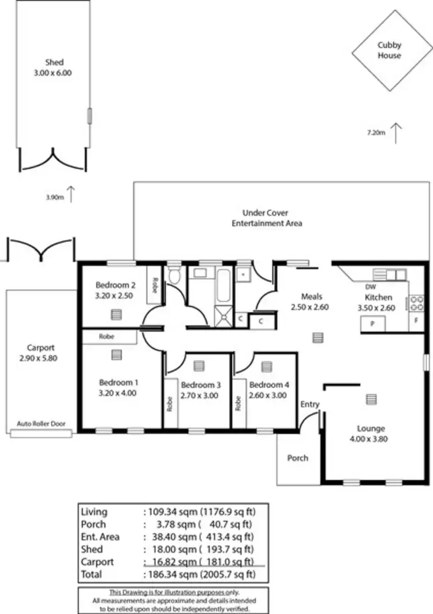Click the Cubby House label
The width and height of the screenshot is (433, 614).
pos(389,50)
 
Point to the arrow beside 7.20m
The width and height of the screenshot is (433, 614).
pos(396,133)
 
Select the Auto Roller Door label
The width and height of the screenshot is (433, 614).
pos(40,423)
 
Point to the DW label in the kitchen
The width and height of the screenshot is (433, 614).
pos(371,287)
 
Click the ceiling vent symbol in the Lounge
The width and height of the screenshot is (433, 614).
pos(371,399)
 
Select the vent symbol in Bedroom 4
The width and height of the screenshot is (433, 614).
pos(266,366)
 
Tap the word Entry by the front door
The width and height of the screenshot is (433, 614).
pos(309,404)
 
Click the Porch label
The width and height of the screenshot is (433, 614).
pos(298,458)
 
